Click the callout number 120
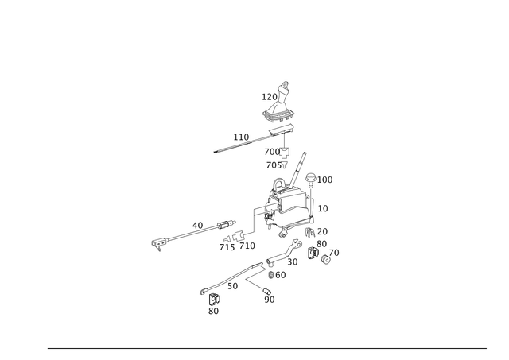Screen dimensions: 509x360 tap(270, 97)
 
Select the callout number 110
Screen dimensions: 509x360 tap(241, 137)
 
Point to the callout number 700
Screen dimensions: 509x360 tap(272, 152)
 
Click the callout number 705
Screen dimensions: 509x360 tap(274, 165)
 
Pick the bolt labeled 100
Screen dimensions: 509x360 tap(310, 180)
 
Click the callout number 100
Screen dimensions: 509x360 tap(325, 180)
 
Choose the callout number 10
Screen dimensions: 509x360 tap(323, 208)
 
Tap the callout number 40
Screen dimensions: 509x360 tap(197, 226)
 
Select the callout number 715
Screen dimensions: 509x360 tap(227, 247)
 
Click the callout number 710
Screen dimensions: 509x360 tap(247, 246)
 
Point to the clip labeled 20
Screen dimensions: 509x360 tap(310, 232)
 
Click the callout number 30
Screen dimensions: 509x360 tap(293, 261)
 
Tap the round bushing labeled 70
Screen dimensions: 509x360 tap(325, 259)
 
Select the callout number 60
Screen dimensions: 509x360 tap(281, 275)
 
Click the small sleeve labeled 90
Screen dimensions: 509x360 tap(266, 290)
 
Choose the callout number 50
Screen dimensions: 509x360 tap(232, 286)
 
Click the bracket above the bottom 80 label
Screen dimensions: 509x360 tap(213, 299)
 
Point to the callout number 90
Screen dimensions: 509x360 tap(270, 300)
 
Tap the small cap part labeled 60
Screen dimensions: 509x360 tap(271, 275)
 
